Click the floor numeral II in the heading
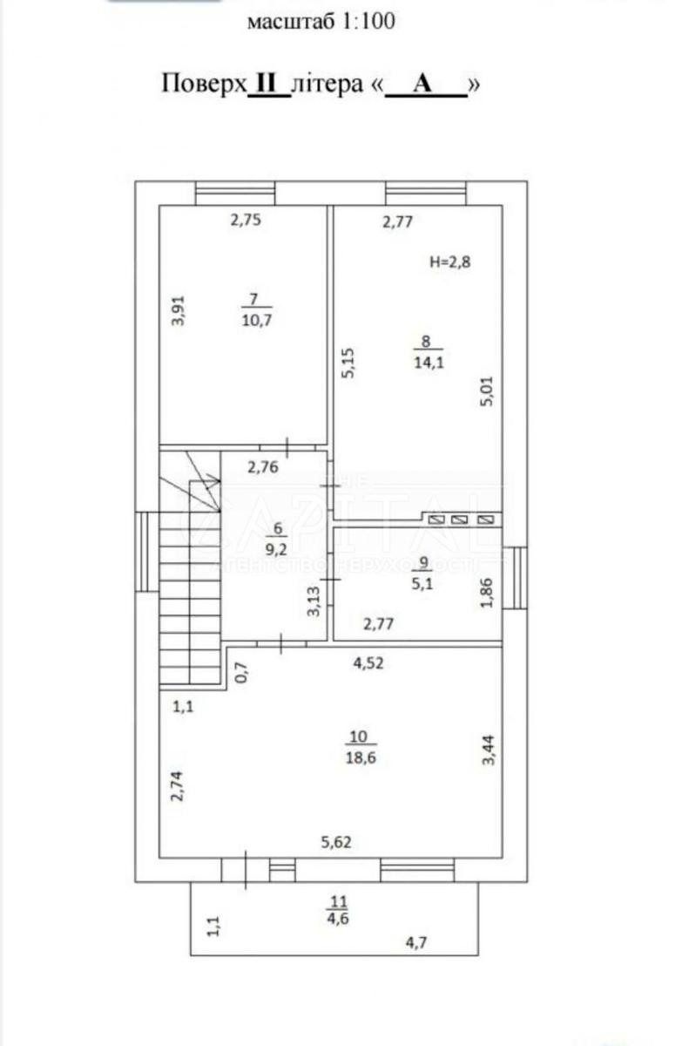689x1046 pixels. coord(269,84)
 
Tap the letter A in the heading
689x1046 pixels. coord(424,84)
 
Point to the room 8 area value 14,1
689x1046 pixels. coord(426,363)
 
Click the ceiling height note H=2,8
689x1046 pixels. coord(453,261)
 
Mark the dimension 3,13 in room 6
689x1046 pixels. coord(315,601)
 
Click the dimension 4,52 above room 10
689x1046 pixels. coord(368,662)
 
